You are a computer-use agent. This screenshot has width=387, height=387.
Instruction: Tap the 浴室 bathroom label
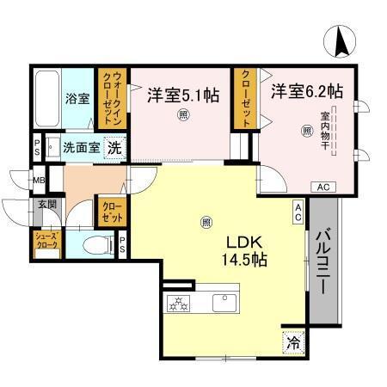pos(77,98)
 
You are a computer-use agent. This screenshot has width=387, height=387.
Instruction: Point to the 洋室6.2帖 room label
pos(307,89)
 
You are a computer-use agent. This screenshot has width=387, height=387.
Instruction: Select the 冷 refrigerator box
pos(294,342)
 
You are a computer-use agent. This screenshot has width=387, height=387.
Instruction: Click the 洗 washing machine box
pos(113,148)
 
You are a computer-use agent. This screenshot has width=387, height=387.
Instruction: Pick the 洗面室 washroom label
pos(81,147)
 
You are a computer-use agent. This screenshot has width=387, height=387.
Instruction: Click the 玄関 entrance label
pos(46,205)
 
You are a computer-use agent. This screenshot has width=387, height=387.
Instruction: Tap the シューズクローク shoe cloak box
pos(46,241)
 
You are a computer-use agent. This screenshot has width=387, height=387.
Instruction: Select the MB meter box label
pos(39,181)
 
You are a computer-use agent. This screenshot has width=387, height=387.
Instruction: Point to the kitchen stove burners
pos(178,304)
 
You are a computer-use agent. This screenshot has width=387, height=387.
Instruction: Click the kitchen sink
pos(225,304)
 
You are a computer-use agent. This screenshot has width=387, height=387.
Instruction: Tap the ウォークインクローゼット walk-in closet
pos(112,99)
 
